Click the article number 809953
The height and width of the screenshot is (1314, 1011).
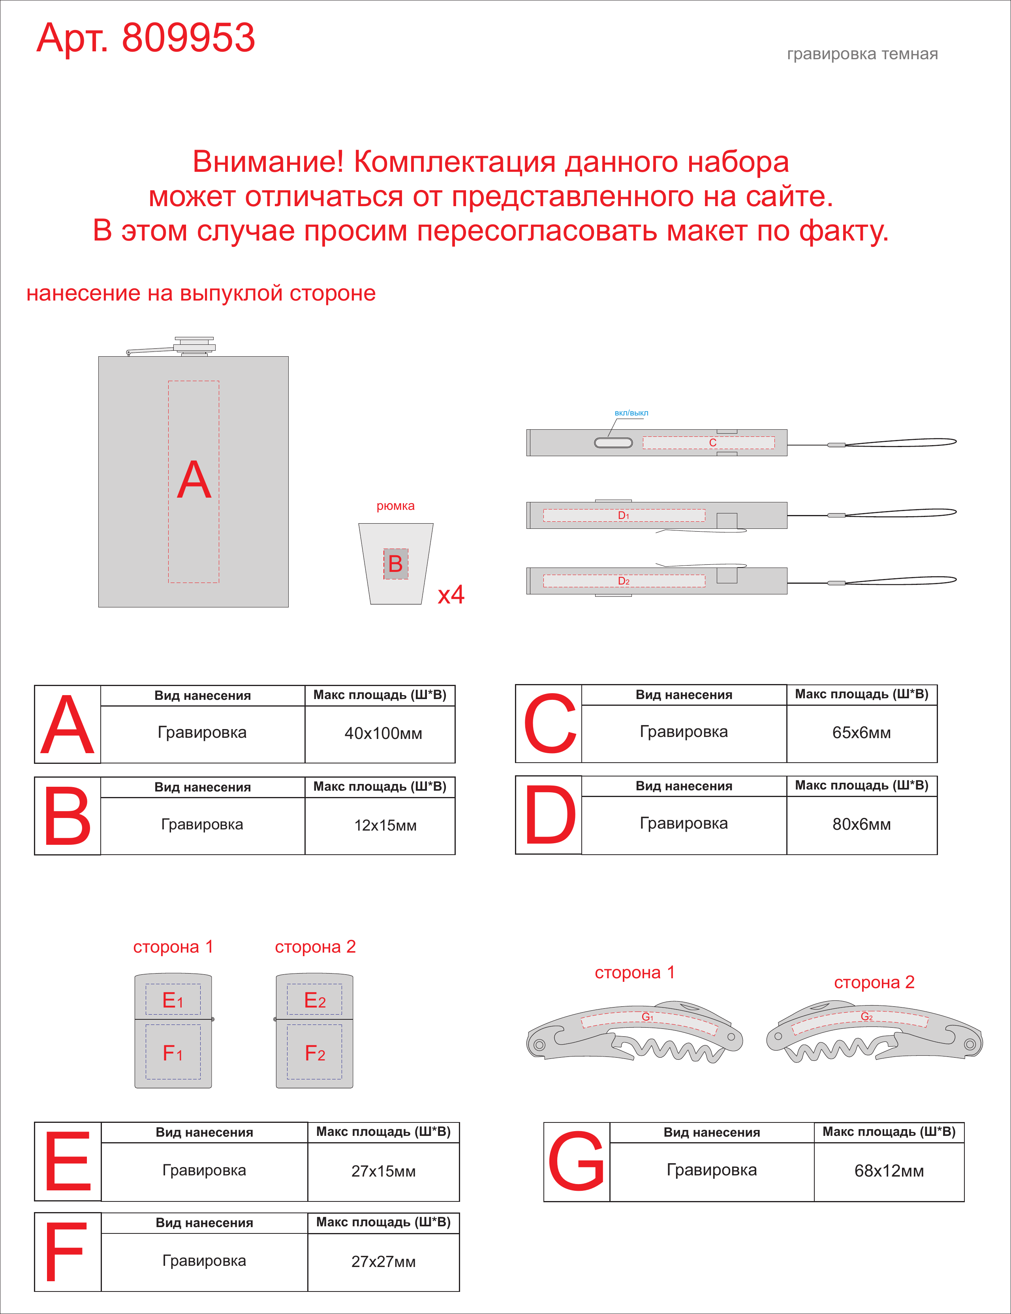(x=188, y=38)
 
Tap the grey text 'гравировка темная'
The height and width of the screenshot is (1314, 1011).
(x=863, y=54)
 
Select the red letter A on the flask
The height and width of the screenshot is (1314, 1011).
(x=194, y=480)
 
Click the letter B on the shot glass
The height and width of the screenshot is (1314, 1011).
(x=395, y=564)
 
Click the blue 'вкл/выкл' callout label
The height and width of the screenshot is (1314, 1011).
(x=631, y=413)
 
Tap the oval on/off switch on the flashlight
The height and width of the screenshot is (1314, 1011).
(x=613, y=443)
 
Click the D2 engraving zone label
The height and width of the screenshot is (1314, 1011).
(x=624, y=581)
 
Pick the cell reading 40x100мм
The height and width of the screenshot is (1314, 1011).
(x=383, y=733)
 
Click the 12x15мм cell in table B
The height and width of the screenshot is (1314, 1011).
(x=385, y=825)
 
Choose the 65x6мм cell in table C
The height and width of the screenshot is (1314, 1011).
(x=862, y=733)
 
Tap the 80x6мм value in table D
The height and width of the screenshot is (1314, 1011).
(x=862, y=824)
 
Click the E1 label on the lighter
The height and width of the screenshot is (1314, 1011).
(x=173, y=1000)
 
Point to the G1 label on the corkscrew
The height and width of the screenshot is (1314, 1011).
(x=647, y=1017)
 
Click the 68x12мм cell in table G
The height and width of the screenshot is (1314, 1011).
(x=889, y=1171)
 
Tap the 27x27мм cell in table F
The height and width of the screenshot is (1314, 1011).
(x=384, y=1261)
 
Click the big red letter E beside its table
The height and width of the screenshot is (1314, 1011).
(x=68, y=1161)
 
